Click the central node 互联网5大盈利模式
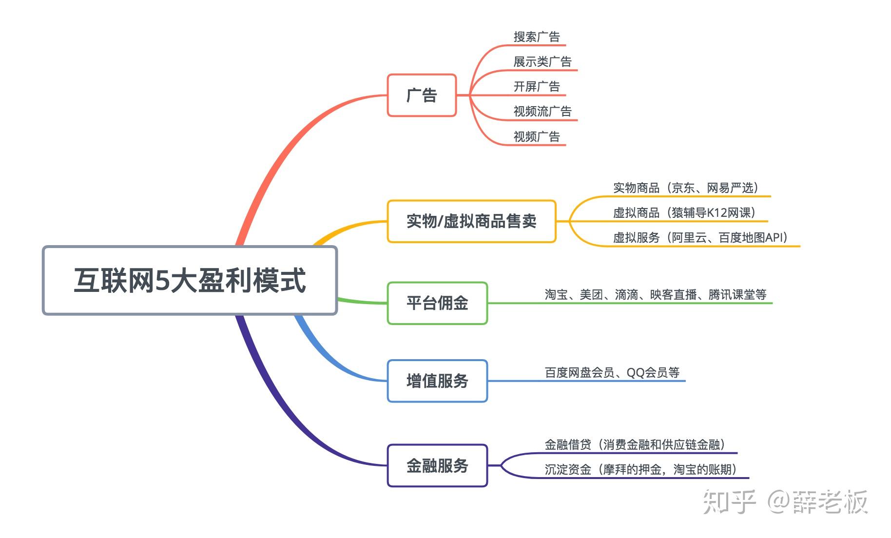tap(190, 280)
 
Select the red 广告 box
tap(422, 95)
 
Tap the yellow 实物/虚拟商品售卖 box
tap(471, 221)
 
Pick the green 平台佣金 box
tap(437, 303)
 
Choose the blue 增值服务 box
tap(437, 381)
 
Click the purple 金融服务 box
tap(437, 465)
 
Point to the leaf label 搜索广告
tap(537, 37)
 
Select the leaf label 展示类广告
tap(542, 62)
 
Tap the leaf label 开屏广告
tap(537, 87)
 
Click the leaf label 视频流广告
tap(542, 112)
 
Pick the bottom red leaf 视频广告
tap(537, 137)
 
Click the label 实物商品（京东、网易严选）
tap(686, 188)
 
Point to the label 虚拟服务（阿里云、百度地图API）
tap(700, 238)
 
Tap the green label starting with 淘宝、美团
tap(656, 295)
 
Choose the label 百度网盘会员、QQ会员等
tap(612, 373)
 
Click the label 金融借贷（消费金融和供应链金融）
tap(635, 444)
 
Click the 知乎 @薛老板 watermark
tap(785, 502)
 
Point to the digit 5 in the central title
tap(162, 281)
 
